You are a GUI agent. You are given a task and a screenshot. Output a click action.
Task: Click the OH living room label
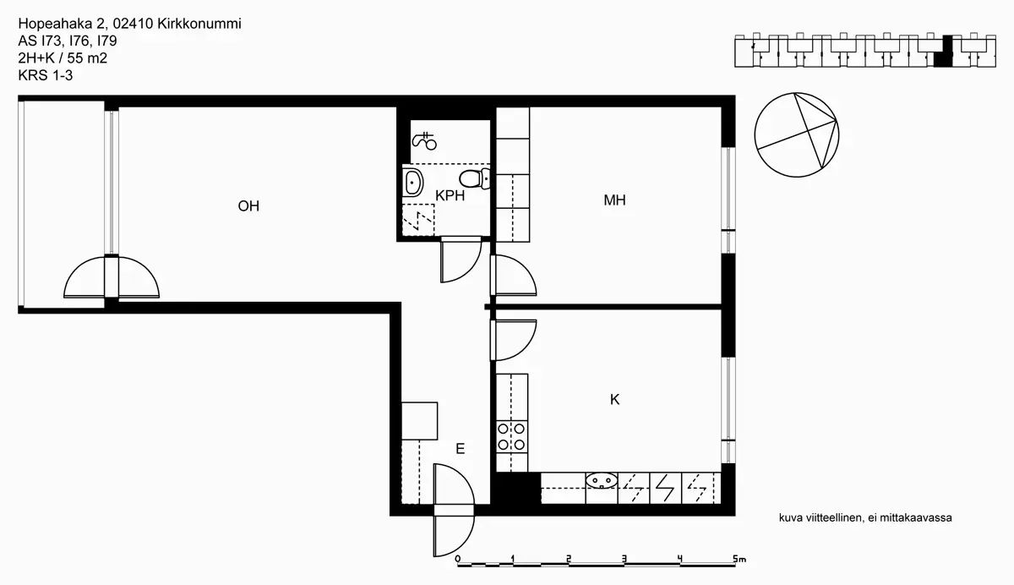click(248, 206)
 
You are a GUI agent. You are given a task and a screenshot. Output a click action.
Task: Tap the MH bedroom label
click(614, 200)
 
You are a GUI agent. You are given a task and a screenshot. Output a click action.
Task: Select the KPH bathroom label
click(450, 195)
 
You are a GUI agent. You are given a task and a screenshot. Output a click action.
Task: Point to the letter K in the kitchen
click(614, 399)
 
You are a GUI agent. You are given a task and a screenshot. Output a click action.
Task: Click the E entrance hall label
click(460, 449)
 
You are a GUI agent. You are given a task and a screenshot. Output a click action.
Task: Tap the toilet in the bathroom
click(474, 178)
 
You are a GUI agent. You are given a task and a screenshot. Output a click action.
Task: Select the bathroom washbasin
click(412, 182)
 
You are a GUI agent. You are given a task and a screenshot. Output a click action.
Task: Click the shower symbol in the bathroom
click(423, 141)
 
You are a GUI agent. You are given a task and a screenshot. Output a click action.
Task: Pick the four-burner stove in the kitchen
click(511, 436)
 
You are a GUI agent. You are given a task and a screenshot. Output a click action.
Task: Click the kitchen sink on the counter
click(602, 480)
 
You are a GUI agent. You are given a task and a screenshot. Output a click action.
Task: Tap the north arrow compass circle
click(797, 135)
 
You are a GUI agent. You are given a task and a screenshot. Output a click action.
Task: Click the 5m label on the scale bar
click(739, 559)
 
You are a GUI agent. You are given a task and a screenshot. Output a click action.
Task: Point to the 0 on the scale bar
click(458, 559)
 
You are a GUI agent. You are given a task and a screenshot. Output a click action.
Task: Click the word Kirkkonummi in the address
click(199, 24)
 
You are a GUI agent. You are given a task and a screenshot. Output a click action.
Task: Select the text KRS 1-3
click(46, 75)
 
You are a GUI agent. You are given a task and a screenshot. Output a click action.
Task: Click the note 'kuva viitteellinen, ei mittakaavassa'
click(865, 517)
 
